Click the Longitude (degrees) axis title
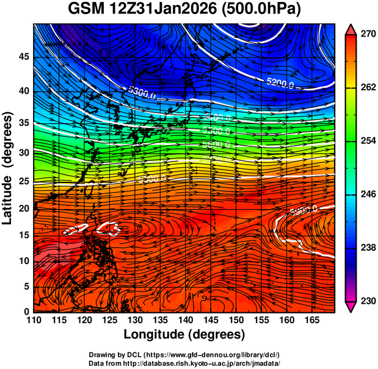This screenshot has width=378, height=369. (184, 335)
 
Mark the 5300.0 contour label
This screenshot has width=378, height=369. (142, 91)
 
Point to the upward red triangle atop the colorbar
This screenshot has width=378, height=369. (351, 28)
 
